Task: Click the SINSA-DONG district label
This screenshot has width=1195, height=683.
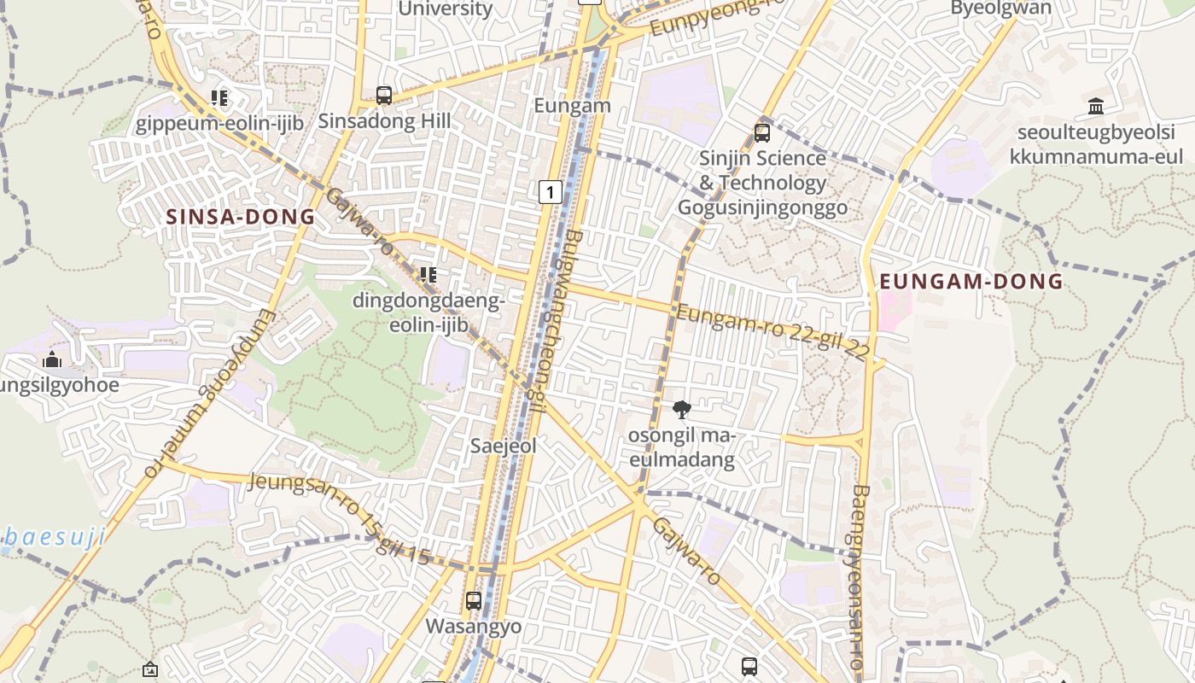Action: [241, 217]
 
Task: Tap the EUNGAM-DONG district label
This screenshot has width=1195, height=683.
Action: [971, 281]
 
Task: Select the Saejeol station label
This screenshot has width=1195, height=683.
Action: [504, 446]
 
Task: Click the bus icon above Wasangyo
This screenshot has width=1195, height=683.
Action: [474, 600]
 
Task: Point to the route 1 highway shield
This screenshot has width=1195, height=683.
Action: [551, 192]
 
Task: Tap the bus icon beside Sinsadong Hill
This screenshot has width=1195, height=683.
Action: [384, 95]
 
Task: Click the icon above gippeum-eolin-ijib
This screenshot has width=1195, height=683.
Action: [219, 98]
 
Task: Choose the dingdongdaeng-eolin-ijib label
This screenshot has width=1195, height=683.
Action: [428, 313]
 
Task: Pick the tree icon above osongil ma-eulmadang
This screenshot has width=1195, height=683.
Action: [681, 410]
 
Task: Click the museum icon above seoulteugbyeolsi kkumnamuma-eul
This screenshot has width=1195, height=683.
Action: [1096, 106]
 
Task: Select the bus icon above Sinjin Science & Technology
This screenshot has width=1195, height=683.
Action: [762, 133]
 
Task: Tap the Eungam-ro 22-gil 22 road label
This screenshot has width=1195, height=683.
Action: [773, 330]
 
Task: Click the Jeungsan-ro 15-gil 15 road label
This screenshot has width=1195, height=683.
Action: [339, 518]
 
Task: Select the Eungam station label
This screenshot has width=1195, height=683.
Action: [572, 106]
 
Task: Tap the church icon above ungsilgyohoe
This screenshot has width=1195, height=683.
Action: [51, 359]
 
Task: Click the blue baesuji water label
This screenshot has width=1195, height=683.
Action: [53, 537]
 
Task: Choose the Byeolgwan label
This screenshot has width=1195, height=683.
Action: [1000, 9]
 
